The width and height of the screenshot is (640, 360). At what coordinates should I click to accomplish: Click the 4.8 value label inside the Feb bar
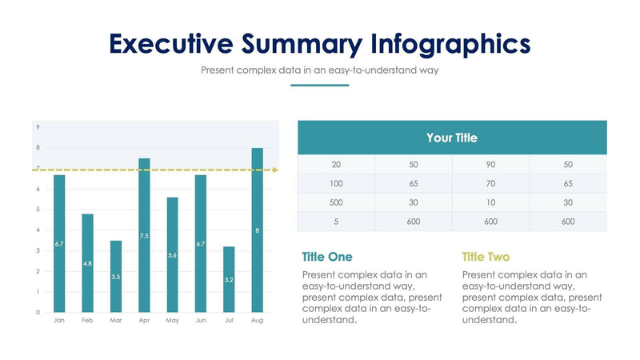pos(87,263)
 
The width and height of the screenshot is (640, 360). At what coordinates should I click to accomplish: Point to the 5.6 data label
pos(172,255)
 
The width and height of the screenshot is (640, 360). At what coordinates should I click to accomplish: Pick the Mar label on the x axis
pos(116,320)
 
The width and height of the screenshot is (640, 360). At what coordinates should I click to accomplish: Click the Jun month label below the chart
pos(201,320)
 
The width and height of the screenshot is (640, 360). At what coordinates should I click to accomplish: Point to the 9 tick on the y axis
pos(38,127)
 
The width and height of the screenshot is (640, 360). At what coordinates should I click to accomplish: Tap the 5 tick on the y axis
pos(38,210)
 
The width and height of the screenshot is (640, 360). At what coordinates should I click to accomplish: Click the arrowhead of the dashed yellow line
pos(276,170)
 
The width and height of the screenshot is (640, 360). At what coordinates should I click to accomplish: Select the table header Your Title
pos(452,138)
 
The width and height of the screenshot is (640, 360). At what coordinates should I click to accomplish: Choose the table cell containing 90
pos(490,164)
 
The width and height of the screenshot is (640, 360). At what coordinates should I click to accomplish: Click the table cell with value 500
pos(336,202)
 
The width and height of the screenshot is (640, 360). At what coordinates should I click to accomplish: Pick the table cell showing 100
pos(336,183)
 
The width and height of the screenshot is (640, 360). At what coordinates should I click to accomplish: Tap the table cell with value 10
pos(490,202)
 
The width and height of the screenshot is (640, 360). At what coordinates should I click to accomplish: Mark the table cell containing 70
pos(490,183)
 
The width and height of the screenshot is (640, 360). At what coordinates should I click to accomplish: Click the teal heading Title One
pos(327,257)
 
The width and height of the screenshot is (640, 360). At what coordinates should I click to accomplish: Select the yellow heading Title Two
pos(486,257)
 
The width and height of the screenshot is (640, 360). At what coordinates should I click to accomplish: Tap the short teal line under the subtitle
pos(319,85)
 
